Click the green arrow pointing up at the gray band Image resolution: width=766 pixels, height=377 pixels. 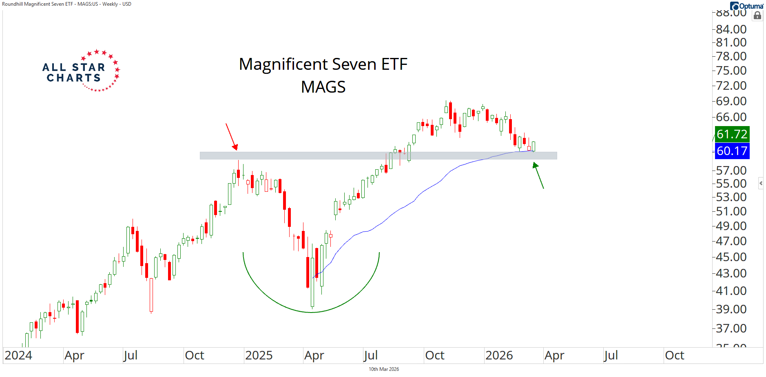(538, 175)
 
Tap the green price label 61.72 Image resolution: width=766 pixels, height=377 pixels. (732, 134)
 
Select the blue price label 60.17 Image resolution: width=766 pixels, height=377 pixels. (732, 151)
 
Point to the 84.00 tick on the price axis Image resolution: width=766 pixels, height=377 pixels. (731, 29)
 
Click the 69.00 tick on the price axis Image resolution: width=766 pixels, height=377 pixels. (731, 101)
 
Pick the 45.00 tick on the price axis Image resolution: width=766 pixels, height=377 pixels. (731, 257)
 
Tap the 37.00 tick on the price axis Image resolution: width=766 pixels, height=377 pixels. (731, 328)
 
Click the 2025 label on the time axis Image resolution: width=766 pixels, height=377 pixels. (259, 355)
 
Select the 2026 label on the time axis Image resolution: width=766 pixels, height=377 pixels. (499, 355)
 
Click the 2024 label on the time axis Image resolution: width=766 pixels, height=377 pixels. (18, 355)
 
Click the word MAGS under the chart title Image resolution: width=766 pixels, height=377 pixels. (323, 87)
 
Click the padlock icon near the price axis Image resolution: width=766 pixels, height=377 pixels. (757, 16)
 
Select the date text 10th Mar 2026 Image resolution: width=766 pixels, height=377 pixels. (384, 369)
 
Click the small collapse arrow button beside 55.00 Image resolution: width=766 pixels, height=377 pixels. (761, 183)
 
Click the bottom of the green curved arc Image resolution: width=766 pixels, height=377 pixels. (311, 313)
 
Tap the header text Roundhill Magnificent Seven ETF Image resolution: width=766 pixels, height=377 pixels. (38, 4)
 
